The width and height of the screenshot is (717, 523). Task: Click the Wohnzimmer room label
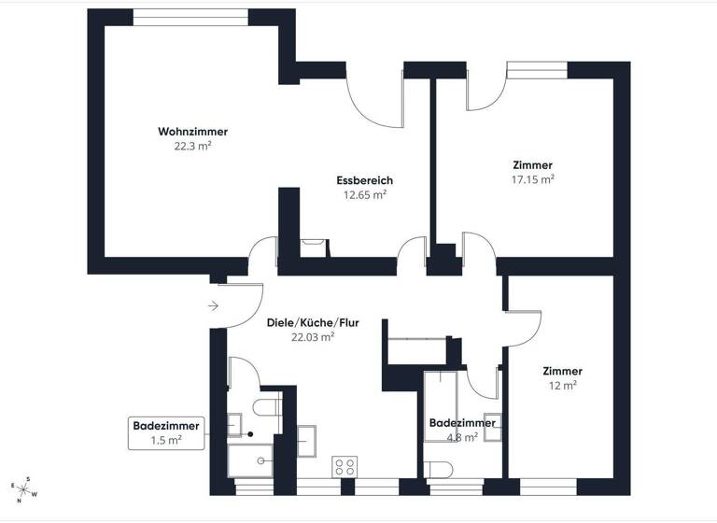(x=192, y=132)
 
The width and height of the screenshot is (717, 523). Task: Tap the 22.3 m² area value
(x=192, y=147)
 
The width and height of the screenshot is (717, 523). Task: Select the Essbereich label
(x=365, y=180)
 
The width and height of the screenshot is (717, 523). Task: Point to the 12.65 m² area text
(x=365, y=195)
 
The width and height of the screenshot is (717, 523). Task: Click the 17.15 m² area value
(x=532, y=178)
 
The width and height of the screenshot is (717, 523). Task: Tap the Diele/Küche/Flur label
(x=313, y=323)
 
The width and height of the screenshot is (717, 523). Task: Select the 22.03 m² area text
(x=313, y=338)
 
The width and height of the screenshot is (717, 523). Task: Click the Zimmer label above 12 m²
(x=562, y=371)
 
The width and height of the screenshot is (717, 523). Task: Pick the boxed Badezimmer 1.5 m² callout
(x=166, y=432)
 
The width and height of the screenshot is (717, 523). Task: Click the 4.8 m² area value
(x=455, y=435)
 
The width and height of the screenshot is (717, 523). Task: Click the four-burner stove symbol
(x=344, y=465)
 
